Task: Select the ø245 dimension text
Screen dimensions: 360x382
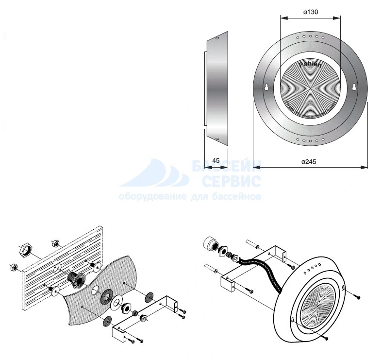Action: [x=309, y=162]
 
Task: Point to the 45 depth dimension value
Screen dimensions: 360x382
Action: [x=216, y=160]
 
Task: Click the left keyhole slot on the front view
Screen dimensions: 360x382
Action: [x=266, y=87]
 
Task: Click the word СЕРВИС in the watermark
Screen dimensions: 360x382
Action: [x=232, y=182]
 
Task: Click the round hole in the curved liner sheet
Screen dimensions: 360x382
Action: [x=93, y=291]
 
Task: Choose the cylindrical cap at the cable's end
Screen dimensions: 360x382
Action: [x=210, y=243]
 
